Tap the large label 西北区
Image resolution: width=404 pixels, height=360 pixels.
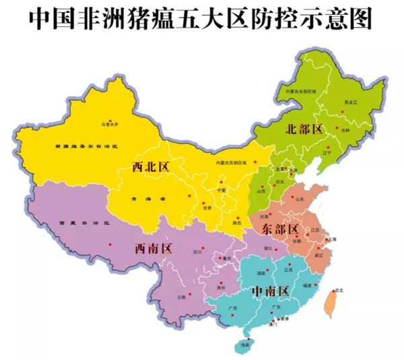tap(151, 167)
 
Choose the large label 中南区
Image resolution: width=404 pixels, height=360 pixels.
tap(269, 291)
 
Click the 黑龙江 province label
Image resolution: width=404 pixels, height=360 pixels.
tap(351, 102)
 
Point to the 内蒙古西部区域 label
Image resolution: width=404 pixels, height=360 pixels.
tap(232, 162)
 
